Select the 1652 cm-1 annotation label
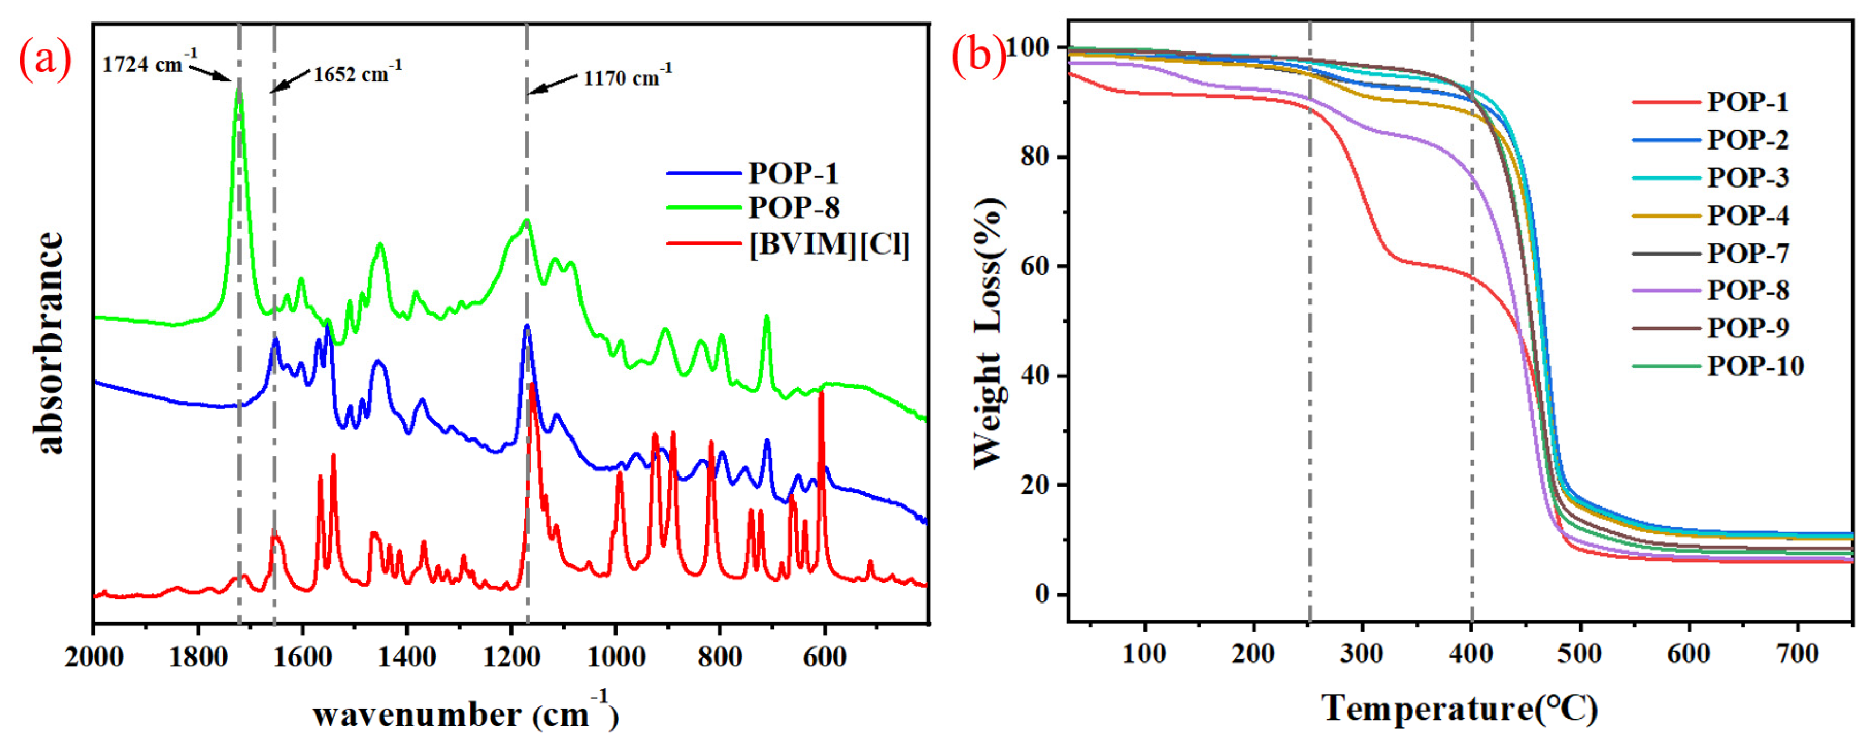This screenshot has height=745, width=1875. tap(357, 73)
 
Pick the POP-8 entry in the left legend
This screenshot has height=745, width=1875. tap(793, 208)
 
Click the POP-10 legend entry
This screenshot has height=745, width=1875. tap(1755, 366)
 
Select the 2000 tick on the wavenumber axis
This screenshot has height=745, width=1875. tap(94, 657)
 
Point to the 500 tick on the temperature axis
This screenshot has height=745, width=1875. tap(1579, 653)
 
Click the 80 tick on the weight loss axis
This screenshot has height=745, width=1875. tap(1034, 157)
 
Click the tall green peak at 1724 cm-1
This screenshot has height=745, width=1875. tap(238, 91)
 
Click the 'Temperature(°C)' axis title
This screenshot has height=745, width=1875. tap(1459, 708)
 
